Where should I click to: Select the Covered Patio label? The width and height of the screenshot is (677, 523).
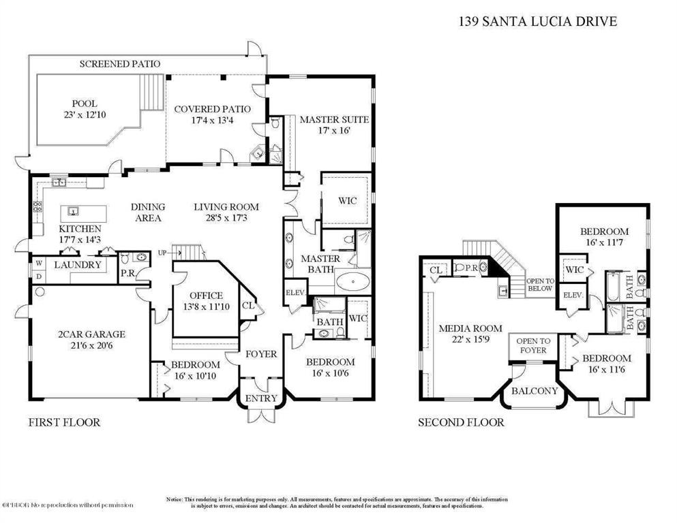pyautogui.click(x=212, y=109)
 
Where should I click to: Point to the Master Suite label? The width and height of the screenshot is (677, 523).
pyautogui.click(x=334, y=120)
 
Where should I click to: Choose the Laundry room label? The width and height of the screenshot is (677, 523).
pyautogui.click(x=77, y=264)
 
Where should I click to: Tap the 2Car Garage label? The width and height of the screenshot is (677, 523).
pyautogui.click(x=91, y=334)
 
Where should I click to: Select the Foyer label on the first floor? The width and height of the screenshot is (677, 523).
pyautogui.click(x=261, y=353)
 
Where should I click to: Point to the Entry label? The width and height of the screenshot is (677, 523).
pyautogui.click(x=261, y=398)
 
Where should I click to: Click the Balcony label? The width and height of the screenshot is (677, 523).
pyautogui.click(x=536, y=391)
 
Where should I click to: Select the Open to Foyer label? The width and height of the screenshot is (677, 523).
pyautogui.click(x=533, y=346)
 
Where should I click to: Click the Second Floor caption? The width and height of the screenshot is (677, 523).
pyautogui.click(x=461, y=422)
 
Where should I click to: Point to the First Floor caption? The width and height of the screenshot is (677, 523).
pyautogui.click(x=64, y=422)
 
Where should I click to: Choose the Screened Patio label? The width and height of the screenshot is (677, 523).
pyautogui.click(x=120, y=63)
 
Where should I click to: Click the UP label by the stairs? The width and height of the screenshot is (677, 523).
pyautogui.click(x=162, y=253)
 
